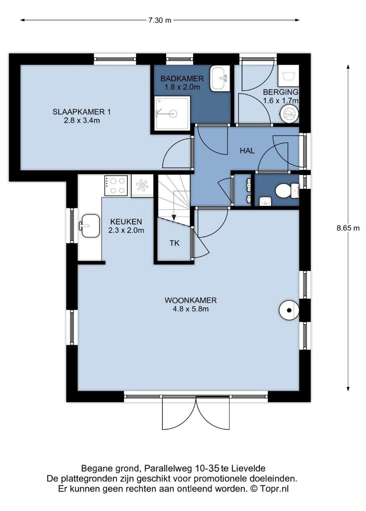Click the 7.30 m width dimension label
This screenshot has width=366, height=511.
pyautogui.click(x=160, y=20)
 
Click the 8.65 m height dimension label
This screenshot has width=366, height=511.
pyautogui.click(x=348, y=228)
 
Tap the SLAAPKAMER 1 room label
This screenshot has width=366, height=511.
pyautogui.click(x=82, y=112)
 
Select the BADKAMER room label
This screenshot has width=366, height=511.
pyautogui.click(x=182, y=79)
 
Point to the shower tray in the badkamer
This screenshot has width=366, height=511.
pyautogui.click(x=172, y=113)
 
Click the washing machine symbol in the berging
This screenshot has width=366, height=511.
pyautogui.click(x=288, y=75)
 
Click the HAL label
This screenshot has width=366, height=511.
pyautogui.click(x=247, y=151)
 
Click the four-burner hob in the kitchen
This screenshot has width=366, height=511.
pyautogui.click(x=116, y=186)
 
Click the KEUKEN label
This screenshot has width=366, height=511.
pyautogui.click(x=126, y=222)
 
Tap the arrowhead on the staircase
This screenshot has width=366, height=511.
pyautogui.click(x=174, y=218)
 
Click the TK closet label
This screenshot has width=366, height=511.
pyautogui.click(x=175, y=243)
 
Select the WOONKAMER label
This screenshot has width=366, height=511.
pyautogui.click(x=191, y=300)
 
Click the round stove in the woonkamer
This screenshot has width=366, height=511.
pyautogui.click(x=289, y=310)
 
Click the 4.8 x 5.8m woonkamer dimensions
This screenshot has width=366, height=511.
pyautogui.click(x=191, y=309)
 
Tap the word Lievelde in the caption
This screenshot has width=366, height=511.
pyautogui.click(x=248, y=469)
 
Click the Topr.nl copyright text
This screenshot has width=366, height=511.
pyautogui.click(x=274, y=489)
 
